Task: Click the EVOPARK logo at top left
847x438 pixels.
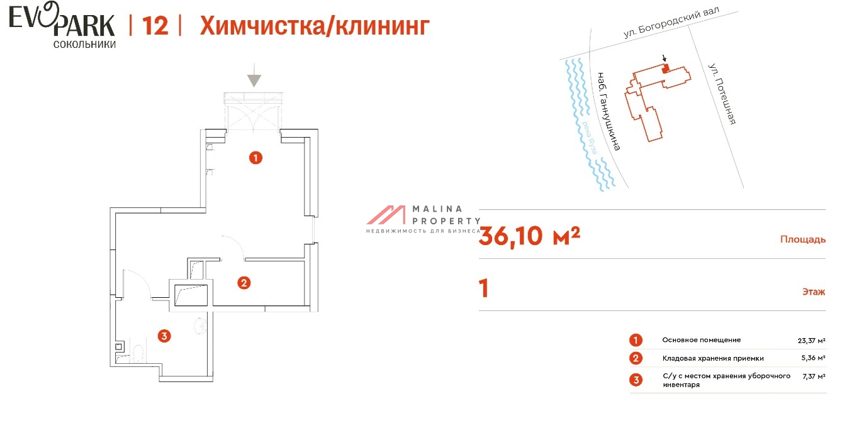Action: (x=62, y=25)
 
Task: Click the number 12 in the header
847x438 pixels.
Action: (x=155, y=26)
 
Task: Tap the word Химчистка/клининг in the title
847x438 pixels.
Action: (x=315, y=26)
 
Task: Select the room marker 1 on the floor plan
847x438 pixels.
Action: (x=255, y=158)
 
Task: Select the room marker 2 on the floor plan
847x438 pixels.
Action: (x=244, y=283)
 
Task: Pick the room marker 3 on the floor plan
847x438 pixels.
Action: (x=164, y=336)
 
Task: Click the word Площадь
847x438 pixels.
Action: (x=802, y=239)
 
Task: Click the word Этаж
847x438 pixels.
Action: (x=814, y=292)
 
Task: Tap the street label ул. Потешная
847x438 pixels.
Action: (x=721, y=93)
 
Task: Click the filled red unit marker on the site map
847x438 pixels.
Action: (x=665, y=69)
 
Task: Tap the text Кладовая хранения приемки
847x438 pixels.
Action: (x=712, y=358)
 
